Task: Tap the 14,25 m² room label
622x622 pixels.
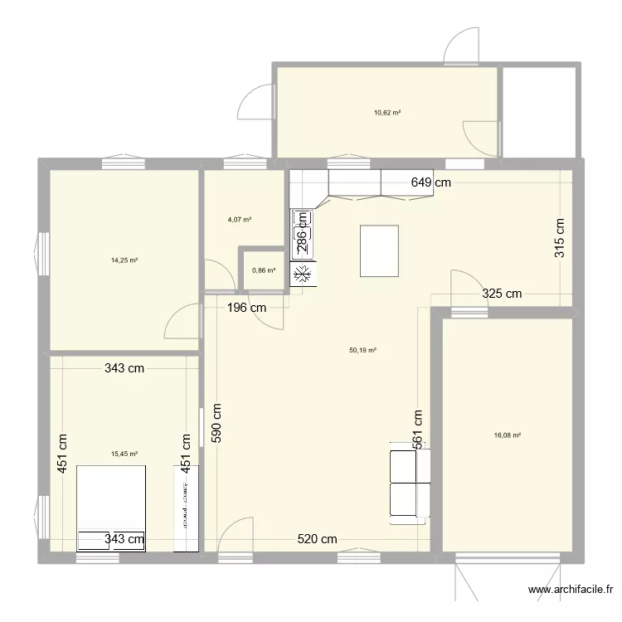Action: click(124, 260)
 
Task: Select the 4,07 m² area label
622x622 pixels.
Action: click(240, 221)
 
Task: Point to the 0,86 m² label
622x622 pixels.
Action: click(263, 270)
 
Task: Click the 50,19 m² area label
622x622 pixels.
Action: click(363, 350)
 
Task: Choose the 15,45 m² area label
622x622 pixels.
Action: click(124, 454)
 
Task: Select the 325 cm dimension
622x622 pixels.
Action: click(503, 293)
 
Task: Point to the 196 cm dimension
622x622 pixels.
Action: click(246, 308)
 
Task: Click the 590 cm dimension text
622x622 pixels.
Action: click(216, 425)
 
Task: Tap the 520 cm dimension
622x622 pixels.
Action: click(318, 539)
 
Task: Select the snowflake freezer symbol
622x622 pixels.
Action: click(303, 275)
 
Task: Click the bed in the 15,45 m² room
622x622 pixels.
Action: click(112, 508)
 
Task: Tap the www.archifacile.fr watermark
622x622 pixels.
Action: click(571, 591)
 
